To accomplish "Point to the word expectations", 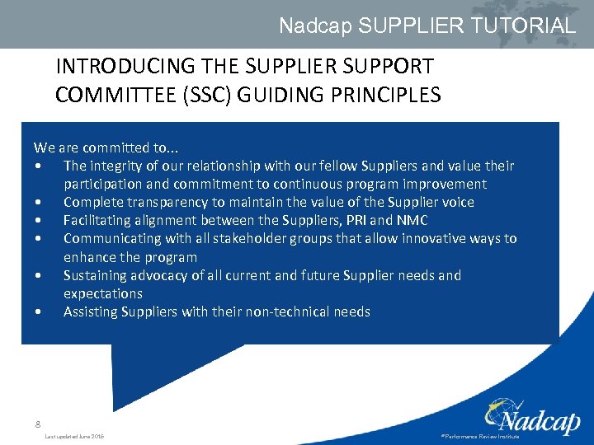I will pos(103,293).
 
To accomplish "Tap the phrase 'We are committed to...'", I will pos(105,148).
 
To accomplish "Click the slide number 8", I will pos(37,424).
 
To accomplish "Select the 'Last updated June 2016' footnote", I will pos(74,436).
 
